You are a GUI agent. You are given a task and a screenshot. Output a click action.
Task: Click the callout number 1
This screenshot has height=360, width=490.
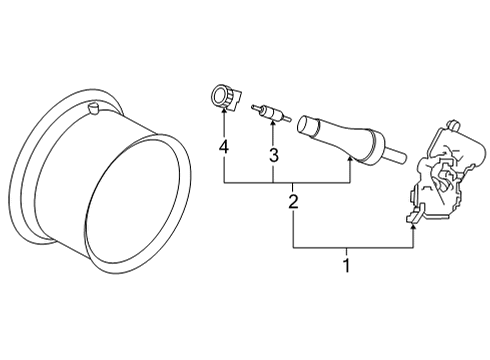tap(346, 266)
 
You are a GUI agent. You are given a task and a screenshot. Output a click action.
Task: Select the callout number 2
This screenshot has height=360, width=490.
tap(293, 203)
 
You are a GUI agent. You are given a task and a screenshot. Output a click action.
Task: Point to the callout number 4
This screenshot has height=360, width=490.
tap(224, 150)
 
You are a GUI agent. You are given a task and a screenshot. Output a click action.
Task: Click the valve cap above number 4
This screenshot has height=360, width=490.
tap(220, 98)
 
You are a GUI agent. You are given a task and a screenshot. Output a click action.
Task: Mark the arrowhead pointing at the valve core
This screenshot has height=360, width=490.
tap(272, 129)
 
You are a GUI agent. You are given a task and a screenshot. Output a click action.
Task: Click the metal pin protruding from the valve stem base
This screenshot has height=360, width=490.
tap(396, 156)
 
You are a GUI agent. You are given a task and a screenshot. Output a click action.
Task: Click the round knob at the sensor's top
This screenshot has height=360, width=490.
tap(448, 124)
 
